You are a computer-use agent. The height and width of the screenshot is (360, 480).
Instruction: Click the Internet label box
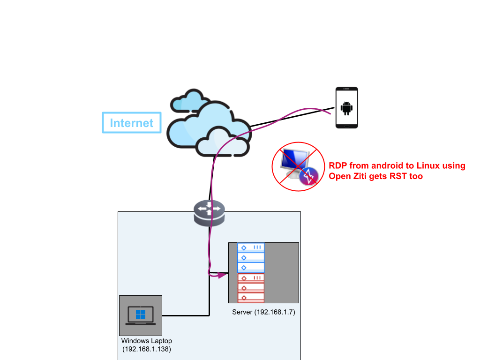click(x=132, y=123)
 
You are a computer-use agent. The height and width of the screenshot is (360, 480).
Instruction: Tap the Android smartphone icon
click(x=346, y=107)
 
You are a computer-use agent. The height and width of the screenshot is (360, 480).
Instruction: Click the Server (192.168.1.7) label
click(x=263, y=312)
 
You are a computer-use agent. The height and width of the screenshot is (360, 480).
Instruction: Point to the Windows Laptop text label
click(x=146, y=341)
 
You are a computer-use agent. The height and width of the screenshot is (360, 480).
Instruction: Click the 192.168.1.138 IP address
click(x=146, y=349)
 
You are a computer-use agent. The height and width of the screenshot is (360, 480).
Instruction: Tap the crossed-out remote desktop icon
click(x=298, y=166)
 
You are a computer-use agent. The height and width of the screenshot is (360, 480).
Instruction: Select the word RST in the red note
click(x=400, y=176)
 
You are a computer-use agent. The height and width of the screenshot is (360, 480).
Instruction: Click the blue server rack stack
click(x=251, y=257)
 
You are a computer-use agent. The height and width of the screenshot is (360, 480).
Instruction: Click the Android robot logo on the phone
click(x=346, y=108)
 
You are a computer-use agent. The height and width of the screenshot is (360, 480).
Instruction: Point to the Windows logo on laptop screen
click(x=140, y=314)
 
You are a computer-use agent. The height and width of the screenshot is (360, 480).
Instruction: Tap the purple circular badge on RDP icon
click(x=309, y=176)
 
